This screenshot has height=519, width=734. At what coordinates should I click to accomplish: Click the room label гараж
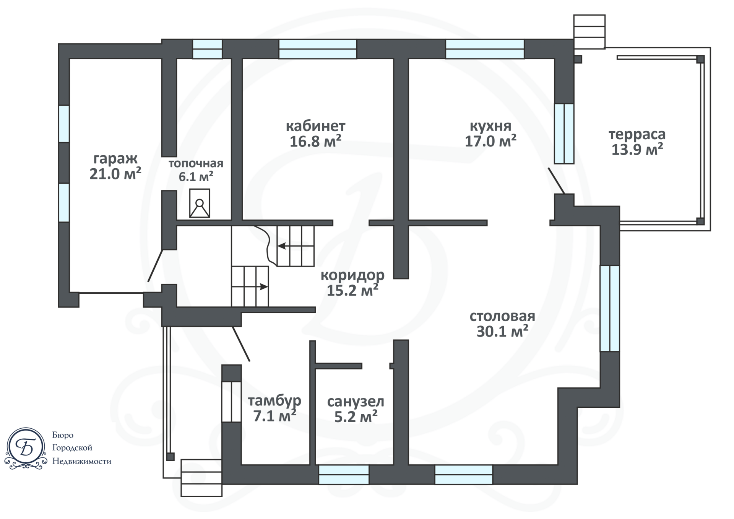pos(115,158)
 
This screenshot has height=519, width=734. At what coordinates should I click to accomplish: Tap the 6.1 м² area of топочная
pos(196,177)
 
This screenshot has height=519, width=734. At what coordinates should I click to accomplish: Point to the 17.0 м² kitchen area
pos(490,141)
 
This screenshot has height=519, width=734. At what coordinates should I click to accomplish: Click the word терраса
pos(637,134)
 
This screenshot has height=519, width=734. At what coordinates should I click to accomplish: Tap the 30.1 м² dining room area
pos(502,331)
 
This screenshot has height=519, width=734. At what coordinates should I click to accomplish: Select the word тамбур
pos(274,401)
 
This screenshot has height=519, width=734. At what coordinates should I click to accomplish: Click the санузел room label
pos(356,402)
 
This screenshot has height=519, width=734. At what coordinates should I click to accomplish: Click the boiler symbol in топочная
pos(200,203)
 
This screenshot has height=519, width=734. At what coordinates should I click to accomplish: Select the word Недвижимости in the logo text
pos(82,461)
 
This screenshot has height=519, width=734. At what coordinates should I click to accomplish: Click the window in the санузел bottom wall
pos(344,475)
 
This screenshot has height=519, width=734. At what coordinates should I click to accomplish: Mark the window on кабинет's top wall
pos(318,49)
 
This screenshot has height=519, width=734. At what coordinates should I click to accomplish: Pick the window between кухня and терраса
pos(564,133)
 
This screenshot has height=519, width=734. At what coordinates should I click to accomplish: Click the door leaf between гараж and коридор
pos(156,265)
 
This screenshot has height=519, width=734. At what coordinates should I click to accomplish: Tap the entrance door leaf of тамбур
pos(241,343)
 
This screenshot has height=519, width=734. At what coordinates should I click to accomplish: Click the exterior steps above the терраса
pos(589,31)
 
